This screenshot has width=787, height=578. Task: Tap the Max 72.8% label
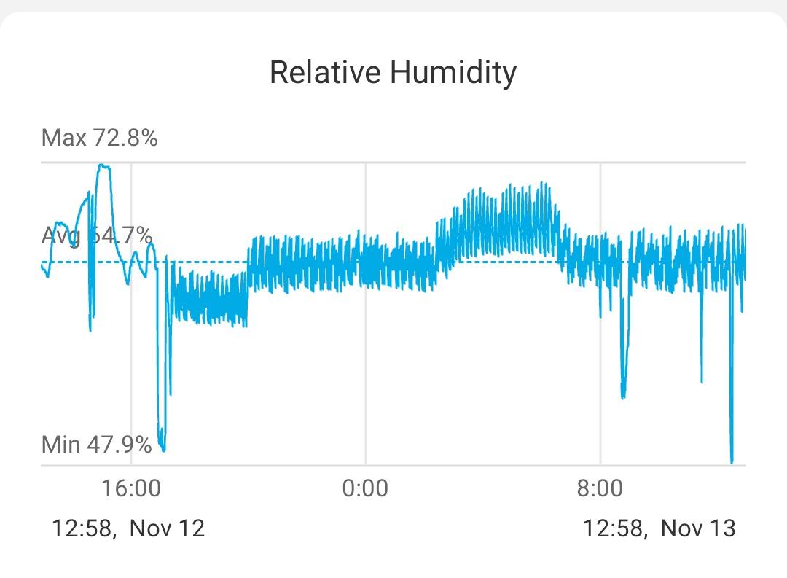click(99, 137)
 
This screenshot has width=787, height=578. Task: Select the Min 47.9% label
click(96, 444)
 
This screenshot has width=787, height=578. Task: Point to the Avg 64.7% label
click(96, 236)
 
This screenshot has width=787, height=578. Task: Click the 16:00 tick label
click(131, 488)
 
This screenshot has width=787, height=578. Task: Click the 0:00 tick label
click(365, 488)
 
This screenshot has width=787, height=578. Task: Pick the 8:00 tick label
click(600, 488)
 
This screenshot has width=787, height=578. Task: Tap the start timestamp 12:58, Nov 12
click(128, 528)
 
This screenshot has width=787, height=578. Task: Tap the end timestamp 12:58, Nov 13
click(659, 528)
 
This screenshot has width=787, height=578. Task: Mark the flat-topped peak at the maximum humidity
click(104, 166)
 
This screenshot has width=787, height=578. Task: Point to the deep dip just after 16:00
click(162, 446)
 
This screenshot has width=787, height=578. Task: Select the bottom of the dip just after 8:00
click(623, 397)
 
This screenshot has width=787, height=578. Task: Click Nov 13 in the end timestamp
click(697, 528)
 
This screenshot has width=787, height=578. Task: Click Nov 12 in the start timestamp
click(167, 528)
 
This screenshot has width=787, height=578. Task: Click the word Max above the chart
click(64, 137)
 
